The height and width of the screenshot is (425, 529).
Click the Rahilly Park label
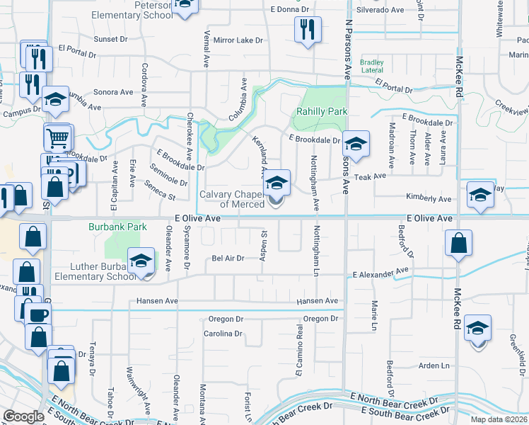coord(322,111)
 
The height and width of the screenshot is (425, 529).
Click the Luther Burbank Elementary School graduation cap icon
coord(141,261)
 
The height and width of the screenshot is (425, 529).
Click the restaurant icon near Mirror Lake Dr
coord(307,30)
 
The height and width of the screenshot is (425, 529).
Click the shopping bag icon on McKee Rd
coord(459,244)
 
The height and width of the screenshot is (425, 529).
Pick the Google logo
coord(23,416)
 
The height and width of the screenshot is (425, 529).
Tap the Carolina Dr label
coord(223,333)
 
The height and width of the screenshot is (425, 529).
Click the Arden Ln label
coord(434,365)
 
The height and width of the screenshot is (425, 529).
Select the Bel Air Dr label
coord(228,259)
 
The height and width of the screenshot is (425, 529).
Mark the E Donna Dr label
coord(291,10)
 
